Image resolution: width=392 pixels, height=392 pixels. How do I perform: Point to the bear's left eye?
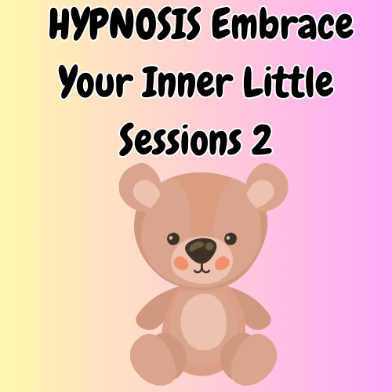click(173, 239)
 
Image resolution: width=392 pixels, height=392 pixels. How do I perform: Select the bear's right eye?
click(230, 238)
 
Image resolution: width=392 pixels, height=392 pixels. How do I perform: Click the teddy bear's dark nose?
click(202, 249)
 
